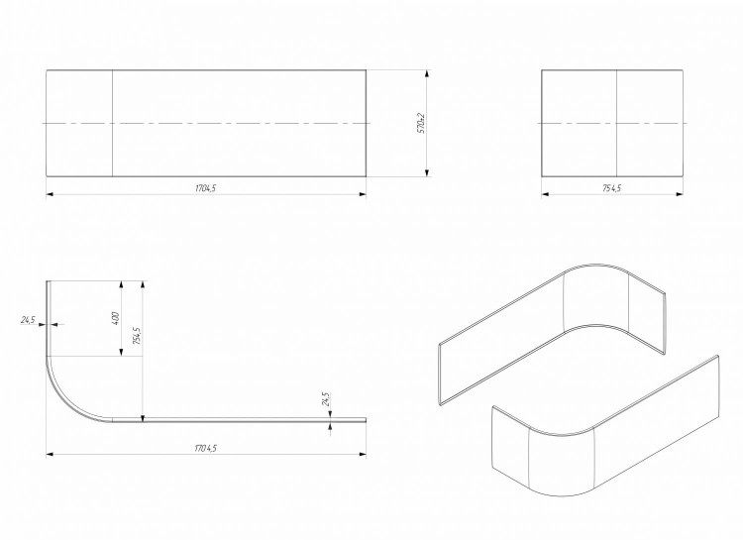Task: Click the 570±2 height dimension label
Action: (x=421, y=123)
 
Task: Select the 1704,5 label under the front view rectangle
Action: (x=206, y=188)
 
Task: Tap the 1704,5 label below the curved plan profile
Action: (x=206, y=448)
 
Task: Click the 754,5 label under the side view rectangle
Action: (x=612, y=188)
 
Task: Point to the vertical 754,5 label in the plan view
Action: (x=137, y=335)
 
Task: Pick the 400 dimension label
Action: (x=115, y=318)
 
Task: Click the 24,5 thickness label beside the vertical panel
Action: (x=28, y=320)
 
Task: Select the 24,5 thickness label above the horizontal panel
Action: (x=325, y=399)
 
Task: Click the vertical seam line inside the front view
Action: (x=112, y=123)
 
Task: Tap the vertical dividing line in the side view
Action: (x=616, y=123)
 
